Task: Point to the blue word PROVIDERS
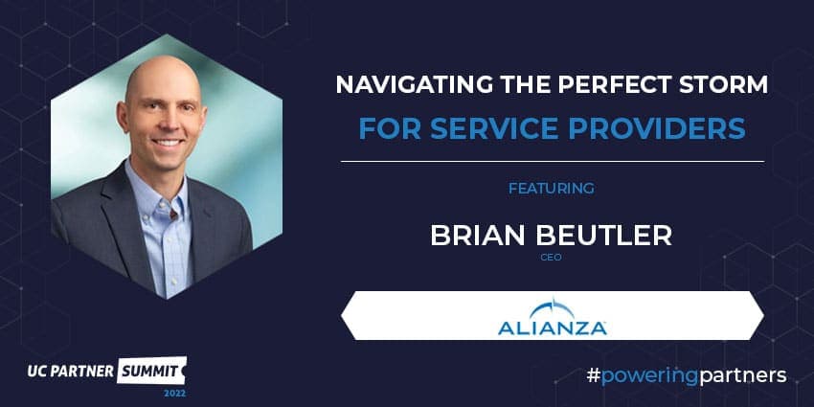657,128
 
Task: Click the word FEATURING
552,189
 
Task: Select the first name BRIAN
478,236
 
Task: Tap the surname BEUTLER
603,236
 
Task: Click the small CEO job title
552,257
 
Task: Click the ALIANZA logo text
553,328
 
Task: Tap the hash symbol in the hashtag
593,375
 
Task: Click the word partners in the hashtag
742,375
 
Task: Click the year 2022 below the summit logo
175,393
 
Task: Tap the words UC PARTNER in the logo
71,371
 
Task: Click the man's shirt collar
156,183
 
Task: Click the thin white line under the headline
553,162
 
